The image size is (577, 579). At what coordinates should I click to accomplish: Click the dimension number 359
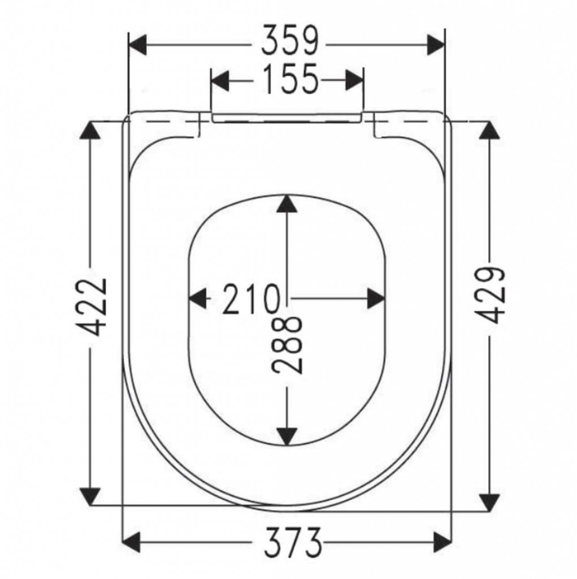[289, 41]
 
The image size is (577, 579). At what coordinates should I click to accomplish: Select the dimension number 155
[290, 79]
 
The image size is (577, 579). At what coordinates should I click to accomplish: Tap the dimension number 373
[293, 543]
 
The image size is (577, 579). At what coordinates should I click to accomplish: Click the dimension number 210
[250, 299]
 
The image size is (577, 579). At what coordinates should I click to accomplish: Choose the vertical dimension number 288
[287, 344]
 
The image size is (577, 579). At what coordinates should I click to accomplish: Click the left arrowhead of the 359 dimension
[138, 45]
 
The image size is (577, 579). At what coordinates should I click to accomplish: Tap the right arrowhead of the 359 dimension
[436, 45]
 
